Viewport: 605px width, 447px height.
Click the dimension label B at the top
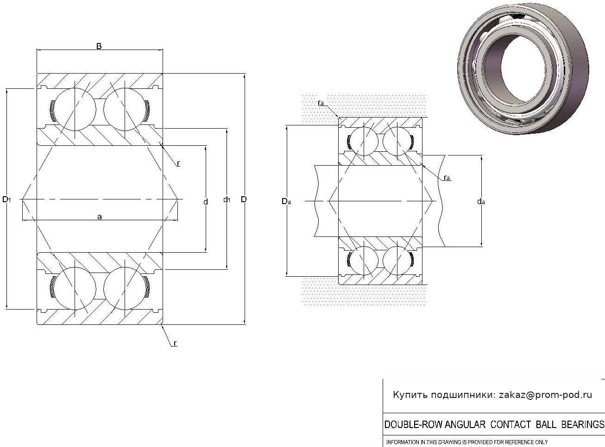(x=99, y=46)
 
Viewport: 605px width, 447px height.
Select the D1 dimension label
(x=6, y=199)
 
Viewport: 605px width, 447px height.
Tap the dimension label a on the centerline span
(x=100, y=217)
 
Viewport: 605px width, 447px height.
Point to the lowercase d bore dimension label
(x=206, y=202)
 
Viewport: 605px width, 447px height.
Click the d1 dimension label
(x=227, y=200)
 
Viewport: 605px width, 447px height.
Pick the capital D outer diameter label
(x=244, y=199)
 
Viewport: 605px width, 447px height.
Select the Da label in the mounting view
(x=286, y=201)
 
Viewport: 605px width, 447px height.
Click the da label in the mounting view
(x=481, y=202)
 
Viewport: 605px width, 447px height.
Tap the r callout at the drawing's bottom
(x=175, y=343)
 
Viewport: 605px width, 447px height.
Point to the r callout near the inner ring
(x=178, y=163)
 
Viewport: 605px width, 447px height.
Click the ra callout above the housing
(x=321, y=103)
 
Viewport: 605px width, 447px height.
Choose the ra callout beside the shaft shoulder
(x=447, y=178)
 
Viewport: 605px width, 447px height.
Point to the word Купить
(x=410, y=395)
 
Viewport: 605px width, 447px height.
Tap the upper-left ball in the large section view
(x=75, y=109)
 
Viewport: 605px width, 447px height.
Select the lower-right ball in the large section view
(x=125, y=288)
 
